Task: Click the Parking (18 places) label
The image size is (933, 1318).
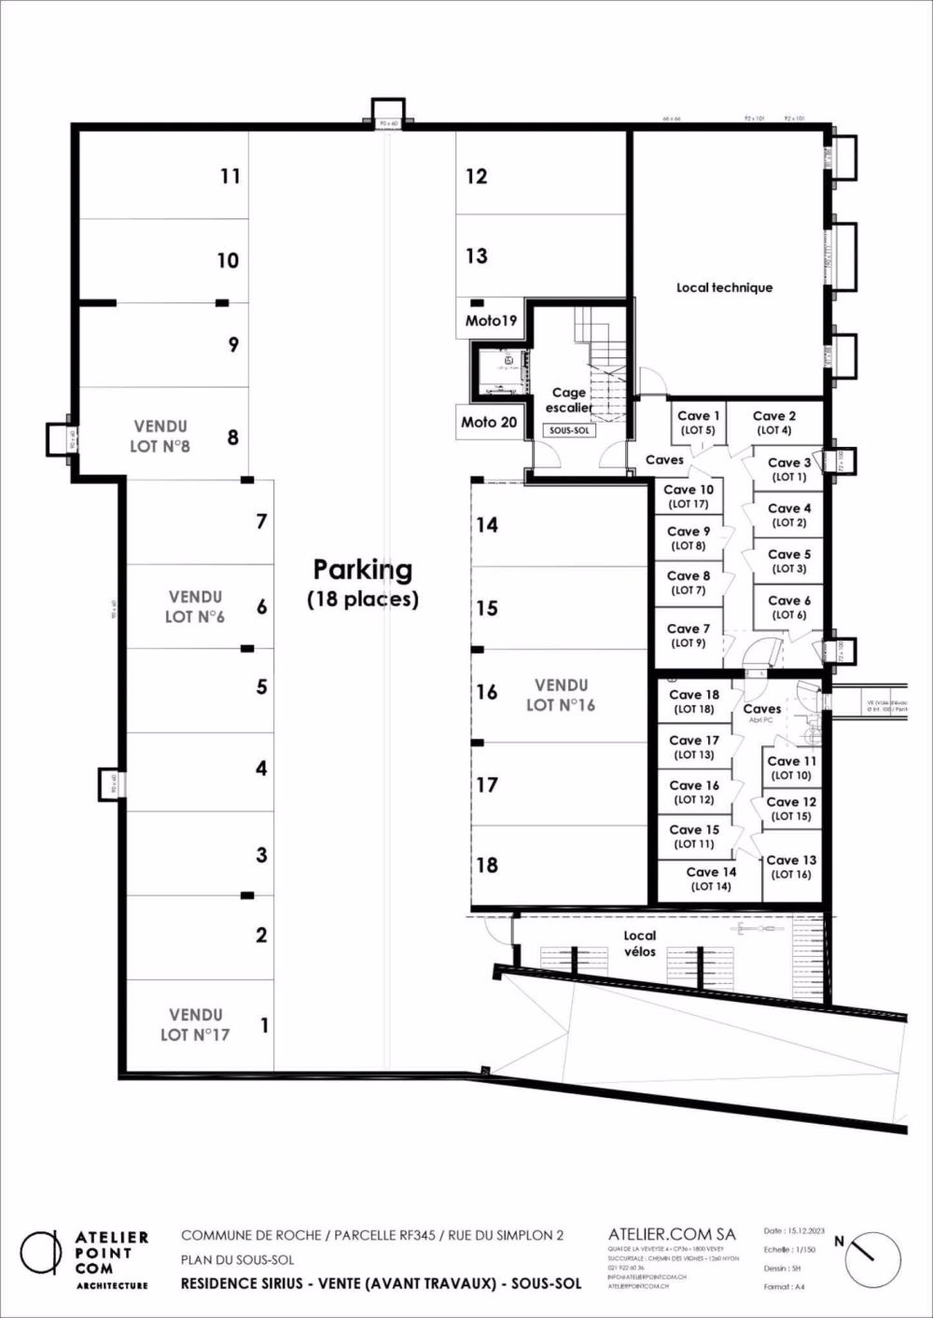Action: click(362, 582)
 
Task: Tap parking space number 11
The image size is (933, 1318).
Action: click(230, 175)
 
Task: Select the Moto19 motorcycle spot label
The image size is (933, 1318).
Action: click(491, 321)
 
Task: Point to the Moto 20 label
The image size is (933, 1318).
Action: click(489, 422)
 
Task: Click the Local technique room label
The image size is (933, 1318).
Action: click(724, 287)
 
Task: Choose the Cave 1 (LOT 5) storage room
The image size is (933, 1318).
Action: click(698, 423)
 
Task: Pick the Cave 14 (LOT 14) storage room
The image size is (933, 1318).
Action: click(711, 879)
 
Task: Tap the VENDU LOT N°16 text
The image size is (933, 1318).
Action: click(561, 695)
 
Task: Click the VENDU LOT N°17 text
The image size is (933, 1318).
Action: click(195, 1023)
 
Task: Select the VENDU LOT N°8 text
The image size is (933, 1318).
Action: click(160, 436)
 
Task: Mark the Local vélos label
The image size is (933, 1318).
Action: click(640, 943)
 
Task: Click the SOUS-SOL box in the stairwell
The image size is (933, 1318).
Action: click(567, 431)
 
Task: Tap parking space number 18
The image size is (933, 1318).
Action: click(487, 865)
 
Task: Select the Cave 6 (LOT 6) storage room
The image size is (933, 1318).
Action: click(788, 607)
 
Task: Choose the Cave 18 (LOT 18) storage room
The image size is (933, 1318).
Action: click(694, 701)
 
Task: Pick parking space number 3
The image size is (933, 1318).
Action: click(261, 854)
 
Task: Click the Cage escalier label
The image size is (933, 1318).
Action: click(569, 400)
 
